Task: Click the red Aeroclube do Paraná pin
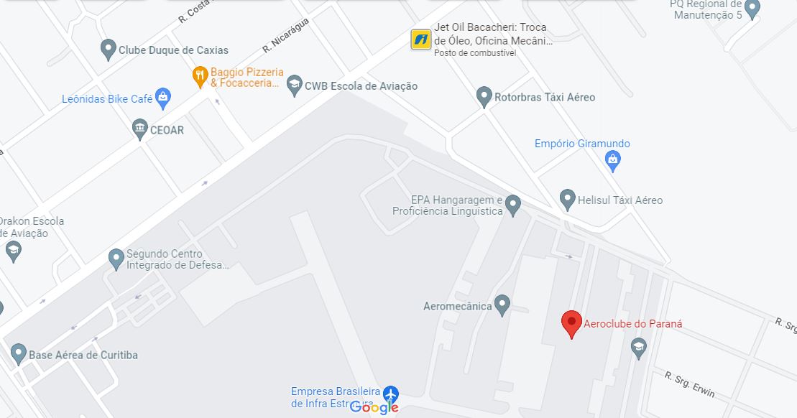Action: click(571, 323)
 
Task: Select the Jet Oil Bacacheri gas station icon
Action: click(420, 40)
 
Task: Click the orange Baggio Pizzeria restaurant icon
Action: click(201, 76)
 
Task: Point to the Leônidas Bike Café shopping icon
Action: click(163, 98)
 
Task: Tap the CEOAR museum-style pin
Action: click(140, 130)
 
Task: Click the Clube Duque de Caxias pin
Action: click(108, 50)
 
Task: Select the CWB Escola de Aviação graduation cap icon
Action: click(294, 86)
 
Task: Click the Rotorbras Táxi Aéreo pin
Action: click(484, 96)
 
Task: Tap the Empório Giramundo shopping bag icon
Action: click(612, 161)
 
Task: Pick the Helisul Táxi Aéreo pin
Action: click(567, 199)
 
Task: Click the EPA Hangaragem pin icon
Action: click(512, 205)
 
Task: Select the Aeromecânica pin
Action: click(502, 305)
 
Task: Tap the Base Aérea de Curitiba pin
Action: click(18, 353)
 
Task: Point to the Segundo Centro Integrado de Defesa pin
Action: click(116, 259)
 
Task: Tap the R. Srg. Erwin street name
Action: click(690, 385)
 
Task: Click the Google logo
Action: click(374, 407)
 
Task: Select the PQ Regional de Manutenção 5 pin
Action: click(752, 9)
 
